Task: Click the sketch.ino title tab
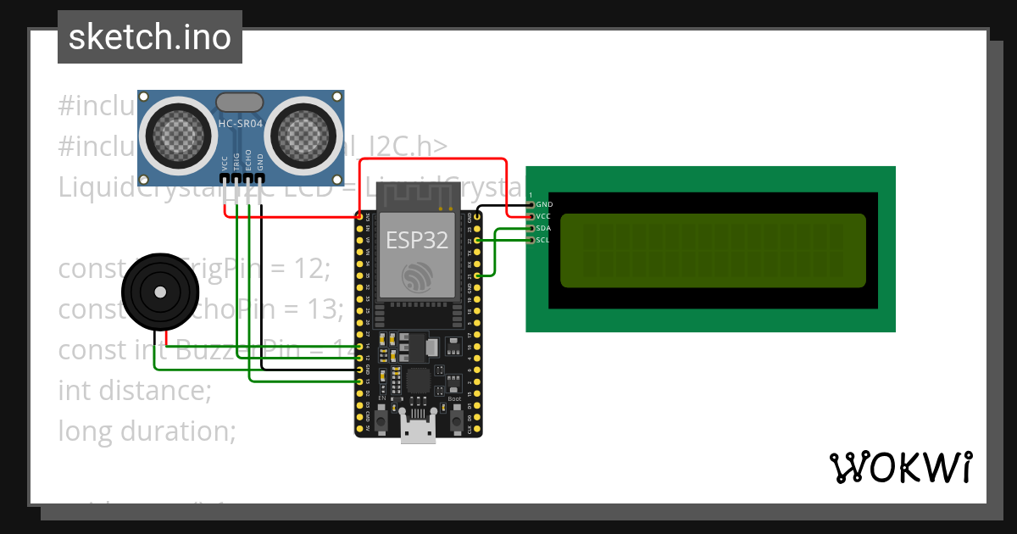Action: point(149,37)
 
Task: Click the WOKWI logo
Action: point(900,467)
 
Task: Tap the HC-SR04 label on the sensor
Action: point(241,124)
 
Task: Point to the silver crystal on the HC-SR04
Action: point(241,103)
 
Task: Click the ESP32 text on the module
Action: point(418,239)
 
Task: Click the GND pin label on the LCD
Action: point(545,204)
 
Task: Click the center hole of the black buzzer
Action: point(159,292)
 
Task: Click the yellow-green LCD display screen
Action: point(712,250)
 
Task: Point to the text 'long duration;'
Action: point(147,431)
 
